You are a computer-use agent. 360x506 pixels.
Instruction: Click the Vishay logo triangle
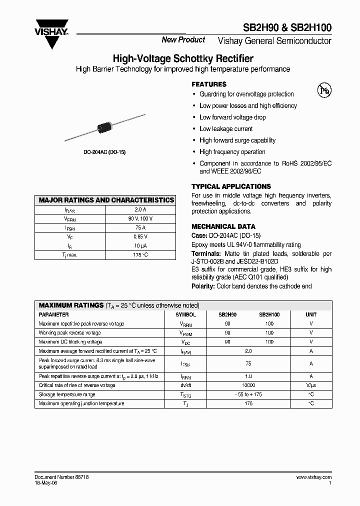coord(51,36)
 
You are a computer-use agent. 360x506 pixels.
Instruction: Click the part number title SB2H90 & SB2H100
coord(294,28)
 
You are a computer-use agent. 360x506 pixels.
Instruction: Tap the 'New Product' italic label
coord(183,40)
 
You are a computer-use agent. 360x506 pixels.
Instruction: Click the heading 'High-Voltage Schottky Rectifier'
coord(183,59)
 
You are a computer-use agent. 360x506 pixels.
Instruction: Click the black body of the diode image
coord(105,126)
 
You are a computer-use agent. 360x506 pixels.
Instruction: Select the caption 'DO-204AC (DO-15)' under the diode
coord(104,151)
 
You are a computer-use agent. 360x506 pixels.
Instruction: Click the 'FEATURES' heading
coord(209,84)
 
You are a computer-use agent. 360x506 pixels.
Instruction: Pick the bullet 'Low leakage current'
coord(226,129)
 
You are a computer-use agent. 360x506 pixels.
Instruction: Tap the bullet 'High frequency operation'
coord(232,152)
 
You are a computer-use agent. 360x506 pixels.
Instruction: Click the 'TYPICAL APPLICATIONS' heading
coord(231,186)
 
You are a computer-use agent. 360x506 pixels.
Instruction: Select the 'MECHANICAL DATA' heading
coord(223,226)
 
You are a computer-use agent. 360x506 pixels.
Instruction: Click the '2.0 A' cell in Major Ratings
coord(140,209)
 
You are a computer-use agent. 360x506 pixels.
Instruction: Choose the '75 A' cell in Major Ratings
coord(140,227)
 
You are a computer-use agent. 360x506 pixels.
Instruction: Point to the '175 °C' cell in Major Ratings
coord(140,255)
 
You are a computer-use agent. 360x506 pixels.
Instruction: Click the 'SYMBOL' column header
coord(185,315)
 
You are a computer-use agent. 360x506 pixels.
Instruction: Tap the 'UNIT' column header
coord(311,315)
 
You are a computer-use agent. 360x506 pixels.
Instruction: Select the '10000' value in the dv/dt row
coord(248,385)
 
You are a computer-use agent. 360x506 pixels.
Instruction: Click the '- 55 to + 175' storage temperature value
coord(248,394)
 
